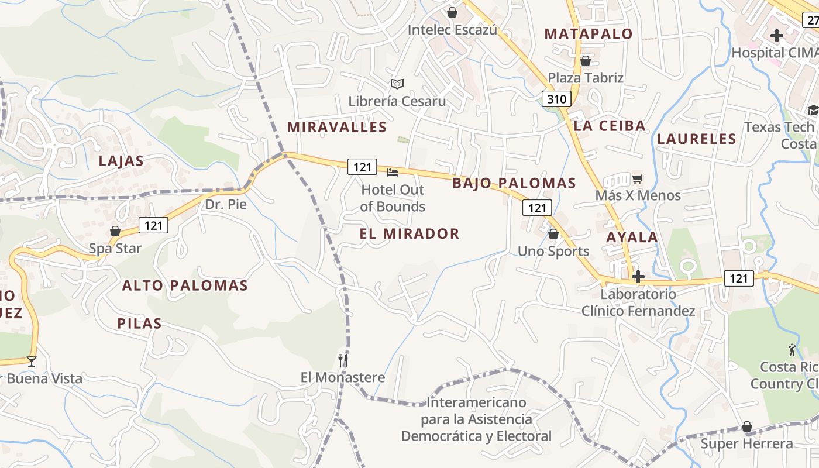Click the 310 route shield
tap(556, 99)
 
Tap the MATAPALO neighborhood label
tap(589, 34)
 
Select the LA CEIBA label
tap(610, 126)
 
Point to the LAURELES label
tap(696, 139)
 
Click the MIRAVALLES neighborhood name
tap(337, 127)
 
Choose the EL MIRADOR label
tap(409, 234)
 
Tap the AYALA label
tap(632, 238)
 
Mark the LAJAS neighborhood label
tap(121, 161)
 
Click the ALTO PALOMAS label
tap(185, 286)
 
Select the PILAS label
tap(139, 324)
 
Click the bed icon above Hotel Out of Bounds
tap(393, 173)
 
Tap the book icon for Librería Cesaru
tap(397, 84)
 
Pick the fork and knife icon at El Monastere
tap(343, 360)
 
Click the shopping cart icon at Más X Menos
tap(637, 178)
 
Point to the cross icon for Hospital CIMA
tap(776, 36)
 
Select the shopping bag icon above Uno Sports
tap(553, 235)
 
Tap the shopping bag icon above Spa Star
tap(115, 232)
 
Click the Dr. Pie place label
tap(226, 205)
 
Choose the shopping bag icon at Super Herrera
tap(746, 426)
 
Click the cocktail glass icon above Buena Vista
tap(32, 362)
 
